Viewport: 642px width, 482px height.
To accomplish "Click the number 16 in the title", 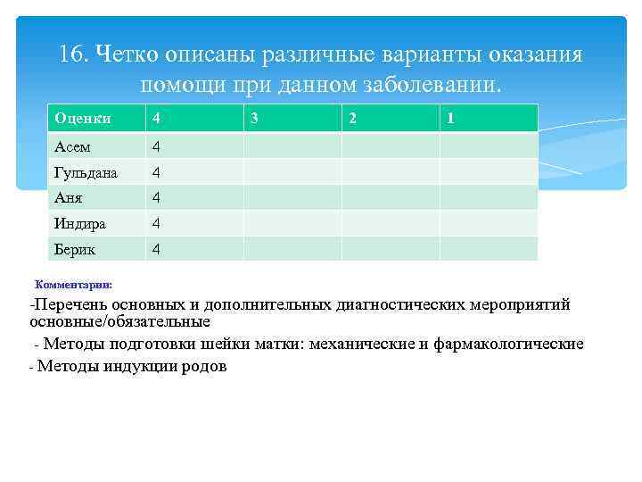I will [72, 54].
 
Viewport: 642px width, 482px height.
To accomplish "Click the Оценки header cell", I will [82, 118].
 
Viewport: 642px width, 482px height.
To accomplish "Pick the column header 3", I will [255, 118].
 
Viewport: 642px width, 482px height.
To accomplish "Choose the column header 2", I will [352, 118].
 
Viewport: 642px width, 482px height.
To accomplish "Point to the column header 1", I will [450, 118].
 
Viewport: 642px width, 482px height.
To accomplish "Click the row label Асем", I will [72, 145].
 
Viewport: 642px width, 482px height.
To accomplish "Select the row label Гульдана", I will [86, 171].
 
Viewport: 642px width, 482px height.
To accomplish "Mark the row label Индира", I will [79, 223].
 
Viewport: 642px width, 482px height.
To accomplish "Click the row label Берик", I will [74, 249].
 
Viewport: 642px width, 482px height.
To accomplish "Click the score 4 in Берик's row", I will [156, 249].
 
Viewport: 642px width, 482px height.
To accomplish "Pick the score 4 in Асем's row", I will [156, 145].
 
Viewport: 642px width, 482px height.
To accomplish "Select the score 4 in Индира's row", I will [156, 223].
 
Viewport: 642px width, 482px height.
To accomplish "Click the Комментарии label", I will [73, 285].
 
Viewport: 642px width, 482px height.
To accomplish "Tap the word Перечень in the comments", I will [70, 305].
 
